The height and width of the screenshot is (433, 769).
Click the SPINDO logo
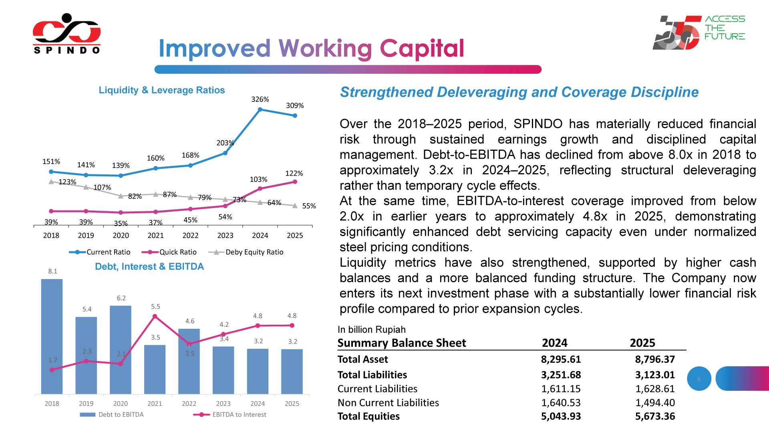coord(66,34)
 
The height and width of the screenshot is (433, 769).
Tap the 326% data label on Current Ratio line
coord(260,99)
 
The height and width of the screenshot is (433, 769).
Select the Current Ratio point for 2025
coord(295,115)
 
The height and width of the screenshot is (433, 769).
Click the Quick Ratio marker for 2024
coord(260,188)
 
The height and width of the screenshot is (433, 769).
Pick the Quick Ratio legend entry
coord(169,252)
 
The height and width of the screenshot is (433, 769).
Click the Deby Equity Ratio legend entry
coord(246,252)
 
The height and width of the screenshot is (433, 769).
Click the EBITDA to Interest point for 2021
coord(155,317)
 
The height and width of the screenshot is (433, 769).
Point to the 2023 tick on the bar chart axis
coord(223,403)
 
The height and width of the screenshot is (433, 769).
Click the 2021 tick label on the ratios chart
coord(155,235)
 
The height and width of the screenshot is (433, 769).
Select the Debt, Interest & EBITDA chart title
coord(149,267)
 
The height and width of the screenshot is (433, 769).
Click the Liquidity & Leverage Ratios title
coord(162,90)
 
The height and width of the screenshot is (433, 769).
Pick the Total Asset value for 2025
coord(655,359)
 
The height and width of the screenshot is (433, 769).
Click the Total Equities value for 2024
coord(561,416)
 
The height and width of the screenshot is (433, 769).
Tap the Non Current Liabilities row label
coord(388,403)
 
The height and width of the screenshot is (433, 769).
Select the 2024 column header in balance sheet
coord(555,343)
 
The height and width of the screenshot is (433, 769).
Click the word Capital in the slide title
coord(422,49)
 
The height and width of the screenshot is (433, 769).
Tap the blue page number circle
coord(699,378)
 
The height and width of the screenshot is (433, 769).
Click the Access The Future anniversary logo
coord(699,32)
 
